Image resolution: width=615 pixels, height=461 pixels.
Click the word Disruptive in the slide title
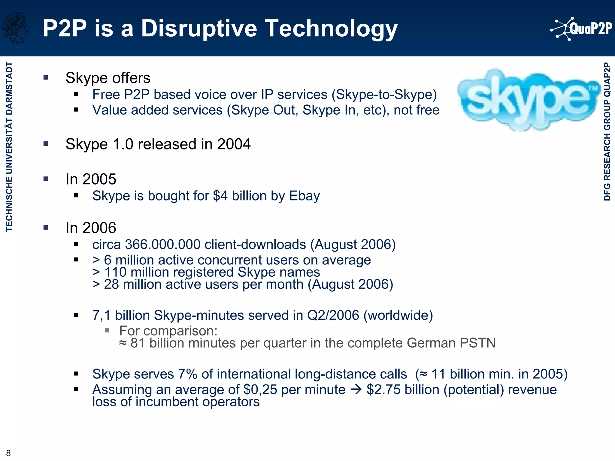(x=199, y=29)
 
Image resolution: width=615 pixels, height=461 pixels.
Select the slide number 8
(x=8, y=453)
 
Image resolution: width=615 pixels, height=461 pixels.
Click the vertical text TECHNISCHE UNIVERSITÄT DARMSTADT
(x=9, y=146)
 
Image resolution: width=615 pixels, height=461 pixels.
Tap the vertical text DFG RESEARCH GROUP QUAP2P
(x=607, y=131)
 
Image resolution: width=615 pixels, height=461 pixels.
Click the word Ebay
(x=304, y=196)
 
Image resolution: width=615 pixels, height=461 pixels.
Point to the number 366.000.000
(x=162, y=245)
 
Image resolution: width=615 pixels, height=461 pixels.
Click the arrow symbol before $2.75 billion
(x=356, y=390)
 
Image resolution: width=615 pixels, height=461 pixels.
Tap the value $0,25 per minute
(x=260, y=390)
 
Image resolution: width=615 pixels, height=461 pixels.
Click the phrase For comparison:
(x=168, y=331)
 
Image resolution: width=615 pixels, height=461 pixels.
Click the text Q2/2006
(x=333, y=315)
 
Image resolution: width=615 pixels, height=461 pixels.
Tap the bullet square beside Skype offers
(x=46, y=78)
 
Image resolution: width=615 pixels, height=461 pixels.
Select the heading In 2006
(x=91, y=228)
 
